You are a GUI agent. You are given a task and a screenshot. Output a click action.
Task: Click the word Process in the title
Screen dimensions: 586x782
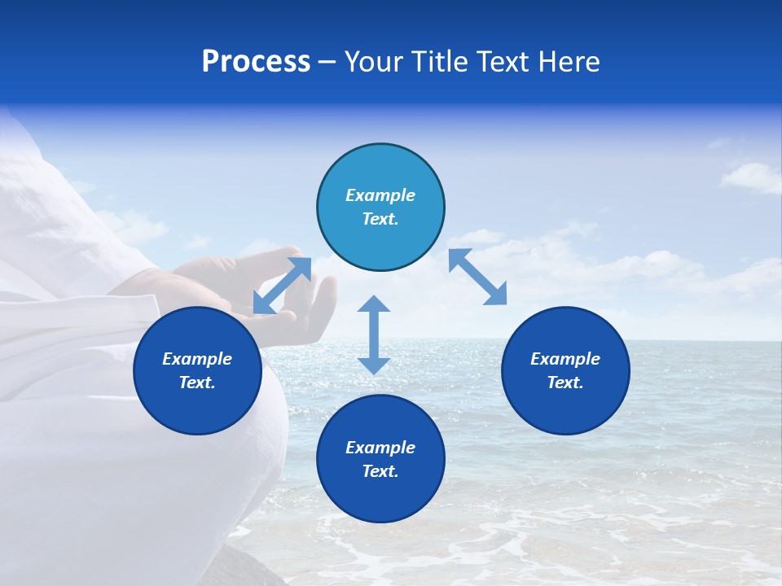[x=256, y=62]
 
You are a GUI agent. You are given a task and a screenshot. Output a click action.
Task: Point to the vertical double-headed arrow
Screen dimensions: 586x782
[x=374, y=335]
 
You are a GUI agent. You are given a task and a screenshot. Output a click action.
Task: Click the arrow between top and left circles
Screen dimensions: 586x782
[x=282, y=286]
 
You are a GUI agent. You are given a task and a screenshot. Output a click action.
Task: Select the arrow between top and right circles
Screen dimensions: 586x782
[x=478, y=277]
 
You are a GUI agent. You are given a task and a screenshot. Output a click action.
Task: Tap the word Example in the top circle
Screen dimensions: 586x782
[x=380, y=195]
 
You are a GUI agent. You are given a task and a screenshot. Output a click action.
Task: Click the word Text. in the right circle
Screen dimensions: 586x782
[x=565, y=383]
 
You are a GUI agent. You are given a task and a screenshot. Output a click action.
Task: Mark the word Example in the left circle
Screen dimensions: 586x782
[x=197, y=359]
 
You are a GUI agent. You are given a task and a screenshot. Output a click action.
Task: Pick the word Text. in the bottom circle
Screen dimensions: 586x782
[x=380, y=471]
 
